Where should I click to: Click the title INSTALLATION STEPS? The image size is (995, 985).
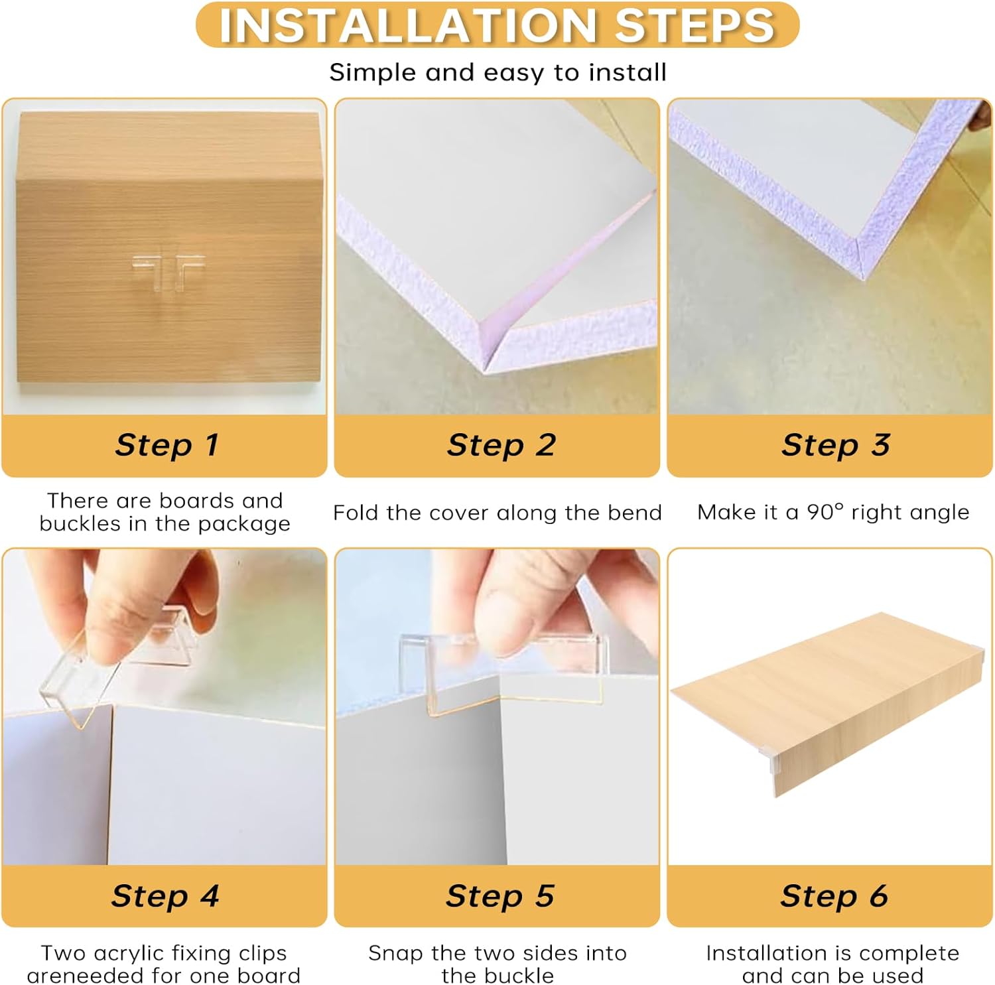[497, 25]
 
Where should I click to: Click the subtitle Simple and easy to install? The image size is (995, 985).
[497, 72]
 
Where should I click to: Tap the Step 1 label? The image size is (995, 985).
[166, 444]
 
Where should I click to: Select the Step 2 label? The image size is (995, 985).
[501, 444]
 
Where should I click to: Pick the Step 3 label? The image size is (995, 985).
[835, 444]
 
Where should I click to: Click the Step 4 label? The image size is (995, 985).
[165, 895]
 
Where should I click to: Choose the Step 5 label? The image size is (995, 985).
[499, 895]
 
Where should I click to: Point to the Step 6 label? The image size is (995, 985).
[834, 895]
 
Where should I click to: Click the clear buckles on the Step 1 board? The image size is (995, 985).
[167, 271]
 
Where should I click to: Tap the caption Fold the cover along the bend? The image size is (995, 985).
[497, 513]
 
